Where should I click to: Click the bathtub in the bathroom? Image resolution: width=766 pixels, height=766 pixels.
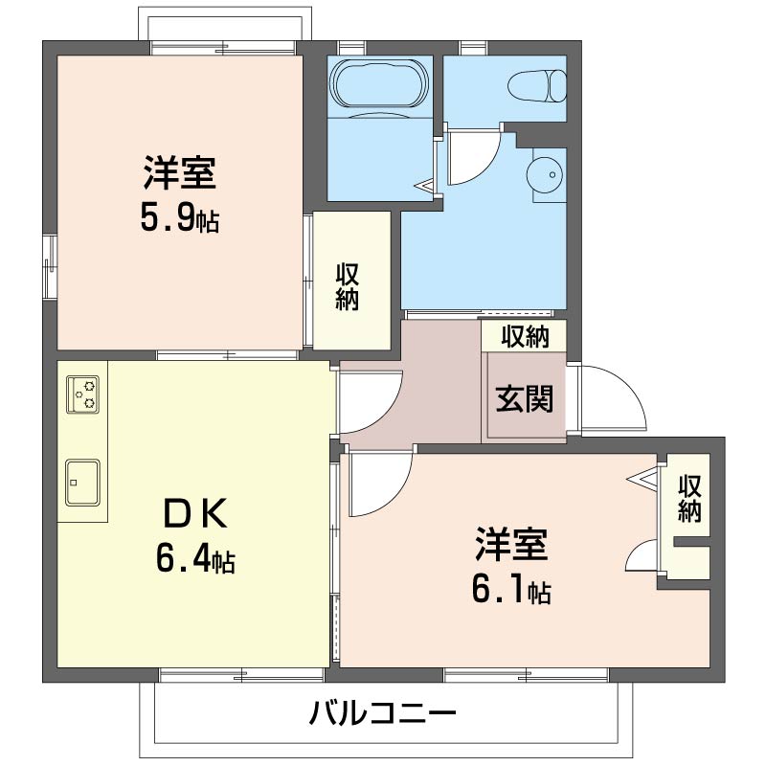[x=379, y=83]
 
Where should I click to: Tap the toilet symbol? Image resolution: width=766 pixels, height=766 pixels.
[x=537, y=86]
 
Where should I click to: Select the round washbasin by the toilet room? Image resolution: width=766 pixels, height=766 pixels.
[x=545, y=175]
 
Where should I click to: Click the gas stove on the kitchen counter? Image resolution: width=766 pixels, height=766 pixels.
[x=83, y=394]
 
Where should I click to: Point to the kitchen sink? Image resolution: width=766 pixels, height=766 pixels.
[x=82, y=483]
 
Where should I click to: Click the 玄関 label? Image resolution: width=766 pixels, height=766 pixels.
[x=524, y=398]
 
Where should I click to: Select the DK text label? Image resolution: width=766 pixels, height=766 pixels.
[x=196, y=513]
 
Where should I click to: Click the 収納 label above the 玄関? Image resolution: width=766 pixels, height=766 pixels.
[x=525, y=337]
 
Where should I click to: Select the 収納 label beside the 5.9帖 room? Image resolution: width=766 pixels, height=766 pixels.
[x=348, y=286]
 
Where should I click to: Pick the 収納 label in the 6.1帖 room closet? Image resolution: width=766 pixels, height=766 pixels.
[x=689, y=498]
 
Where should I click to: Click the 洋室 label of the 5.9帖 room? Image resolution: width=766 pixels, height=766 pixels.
[x=180, y=173]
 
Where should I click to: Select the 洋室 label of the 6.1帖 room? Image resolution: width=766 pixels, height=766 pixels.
[x=511, y=544]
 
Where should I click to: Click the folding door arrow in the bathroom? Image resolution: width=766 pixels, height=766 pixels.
[x=424, y=186]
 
